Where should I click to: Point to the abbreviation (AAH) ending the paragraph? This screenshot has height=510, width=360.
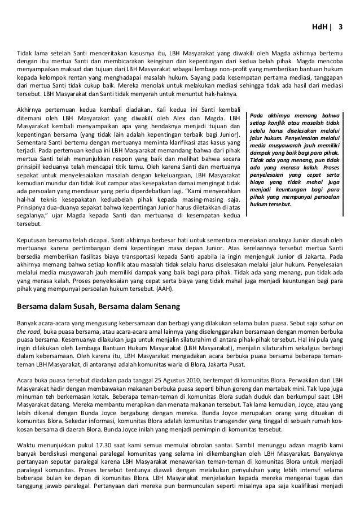click(165, 289)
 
